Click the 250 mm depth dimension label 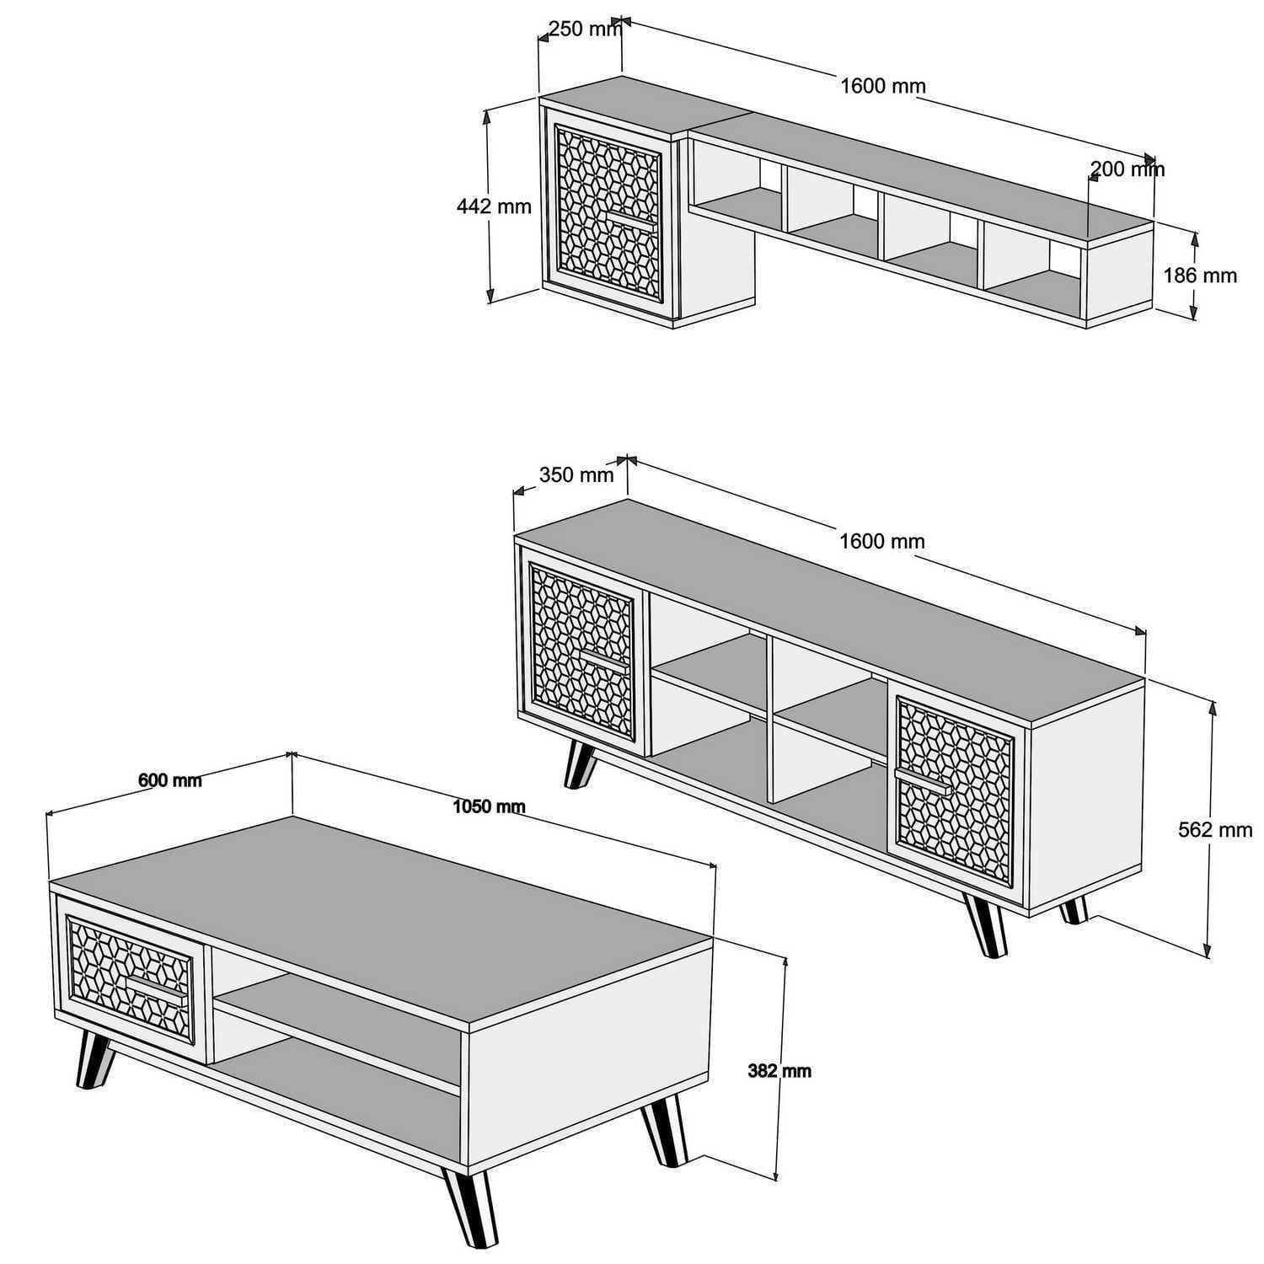click(584, 29)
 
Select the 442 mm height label click(494, 206)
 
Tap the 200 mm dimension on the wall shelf click(1127, 169)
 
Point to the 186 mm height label click(1200, 276)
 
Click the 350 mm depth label click(576, 475)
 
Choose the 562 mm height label click(1215, 830)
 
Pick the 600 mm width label click(170, 780)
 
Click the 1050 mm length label click(489, 806)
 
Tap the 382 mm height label click(779, 1071)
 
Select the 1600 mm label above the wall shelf click(883, 86)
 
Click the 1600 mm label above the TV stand click(882, 541)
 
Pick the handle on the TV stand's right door click(923, 781)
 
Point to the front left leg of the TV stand click(580, 763)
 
